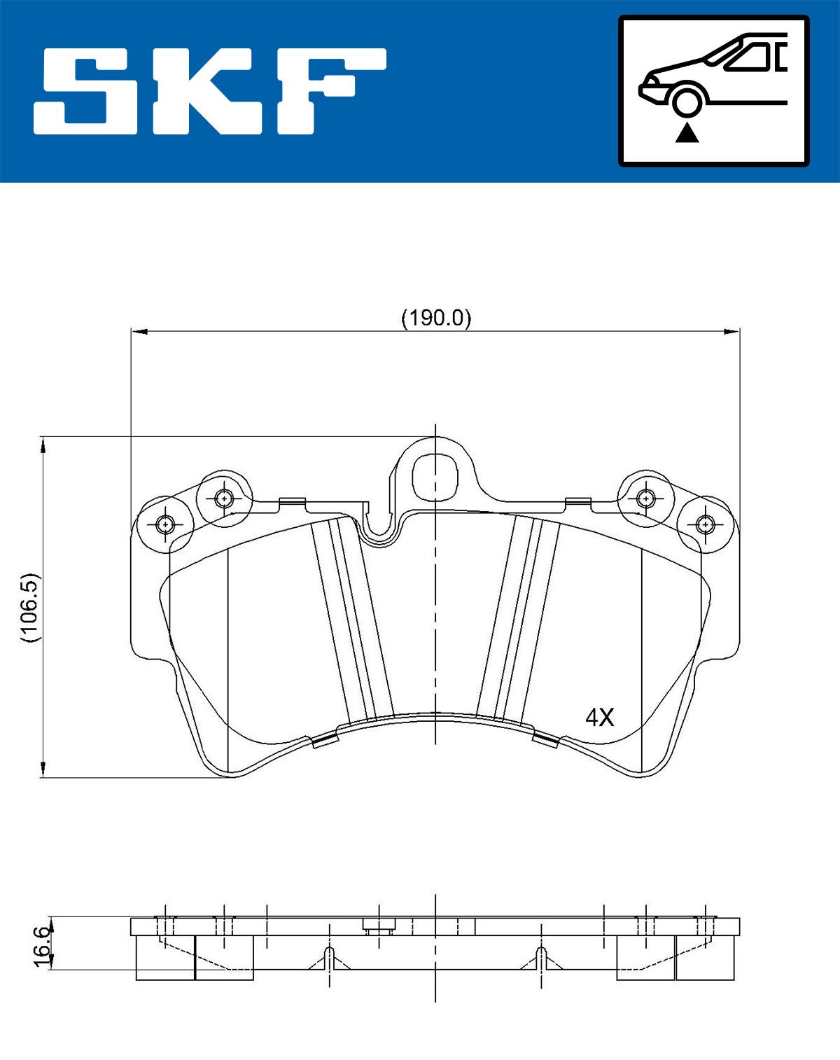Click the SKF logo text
coord(210,91)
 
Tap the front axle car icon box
coord(713,91)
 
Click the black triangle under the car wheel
coord(687,132)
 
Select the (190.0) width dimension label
coord(436,318)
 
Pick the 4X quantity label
coord(599,717)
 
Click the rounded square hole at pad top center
coord(435,475)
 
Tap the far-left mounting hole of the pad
coord(165,523)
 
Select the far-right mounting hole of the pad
coord(705,523)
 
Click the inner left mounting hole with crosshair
coord(223,498)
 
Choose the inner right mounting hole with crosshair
coord(645,498)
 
